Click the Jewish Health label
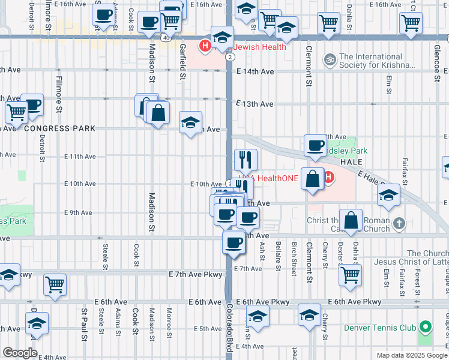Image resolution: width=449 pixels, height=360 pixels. pyautogui.click(x=256, y=47)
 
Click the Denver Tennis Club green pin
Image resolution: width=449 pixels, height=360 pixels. pyautogui.click(x=426, y=328)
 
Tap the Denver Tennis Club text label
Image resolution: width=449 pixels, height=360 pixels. pyautogui.click(x=380, y=328)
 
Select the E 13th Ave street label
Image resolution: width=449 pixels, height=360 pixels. pyautogui.click(x=255, y=104)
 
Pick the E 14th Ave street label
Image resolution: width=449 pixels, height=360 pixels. pyautogui.click(x=255, y=71)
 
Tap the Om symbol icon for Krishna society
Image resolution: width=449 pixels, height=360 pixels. pyautogui.click(x=328, y=60)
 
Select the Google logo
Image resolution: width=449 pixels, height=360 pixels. pyautogui.click(x=20, y=353)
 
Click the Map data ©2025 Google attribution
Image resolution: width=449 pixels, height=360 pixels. pyautogui.click(x=411, y=355)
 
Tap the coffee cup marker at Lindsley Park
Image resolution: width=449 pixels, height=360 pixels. pyautogui.click(x=315, y=145)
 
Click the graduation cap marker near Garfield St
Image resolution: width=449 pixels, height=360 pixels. pyautogui.click(x=190, y=124)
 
